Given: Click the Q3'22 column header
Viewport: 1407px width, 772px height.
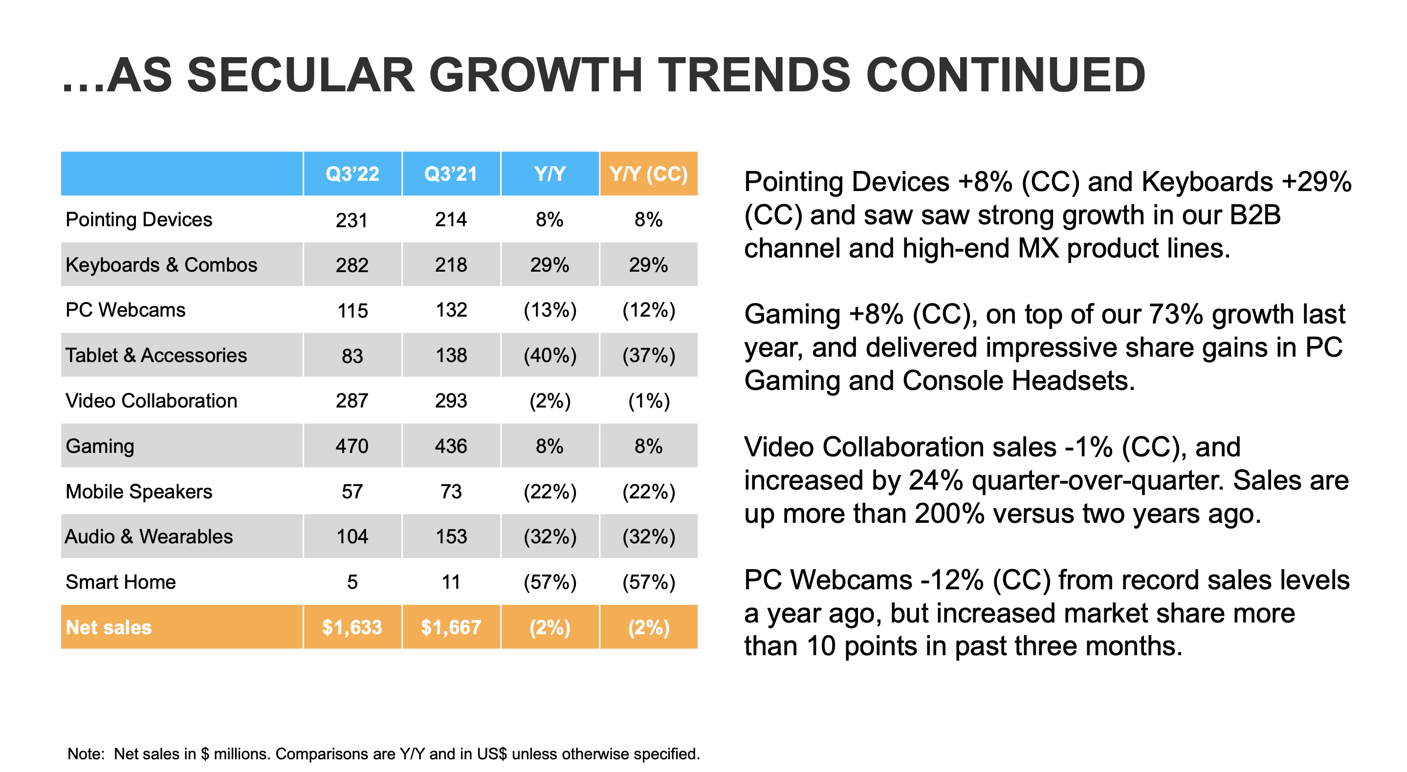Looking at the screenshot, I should (x=352, y=173).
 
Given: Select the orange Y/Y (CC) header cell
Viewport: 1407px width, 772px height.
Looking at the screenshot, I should (x=648, y=173).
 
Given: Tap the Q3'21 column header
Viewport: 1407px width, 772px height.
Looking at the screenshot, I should (x=451, y=173).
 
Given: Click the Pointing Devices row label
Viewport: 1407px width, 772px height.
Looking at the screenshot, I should (x=139, y=219).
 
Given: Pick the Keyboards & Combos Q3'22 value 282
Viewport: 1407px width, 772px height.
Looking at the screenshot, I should (x=352, y=265).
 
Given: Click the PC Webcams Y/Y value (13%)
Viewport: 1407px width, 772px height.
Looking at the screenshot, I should (x=550, y=310).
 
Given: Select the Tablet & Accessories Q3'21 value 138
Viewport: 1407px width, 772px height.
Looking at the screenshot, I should (x=451, y=355).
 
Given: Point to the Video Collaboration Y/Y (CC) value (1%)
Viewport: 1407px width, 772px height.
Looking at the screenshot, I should (x=648, y=401).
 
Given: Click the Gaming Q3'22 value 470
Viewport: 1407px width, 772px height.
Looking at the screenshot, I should (x=352, y=446).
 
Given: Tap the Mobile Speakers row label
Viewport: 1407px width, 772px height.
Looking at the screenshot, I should (x=139, y=492).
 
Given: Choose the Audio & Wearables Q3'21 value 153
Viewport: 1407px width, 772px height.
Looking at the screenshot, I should (x=451, y=536).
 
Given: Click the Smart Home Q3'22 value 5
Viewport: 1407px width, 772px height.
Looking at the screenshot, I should (x=352, y=582).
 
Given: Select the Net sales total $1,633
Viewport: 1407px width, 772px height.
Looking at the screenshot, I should (x=352, y=627).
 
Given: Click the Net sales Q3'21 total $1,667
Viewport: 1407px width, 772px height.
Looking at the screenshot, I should (x=451, y=627).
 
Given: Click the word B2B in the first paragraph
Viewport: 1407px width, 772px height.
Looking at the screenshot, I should (x=1254, y=215).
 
